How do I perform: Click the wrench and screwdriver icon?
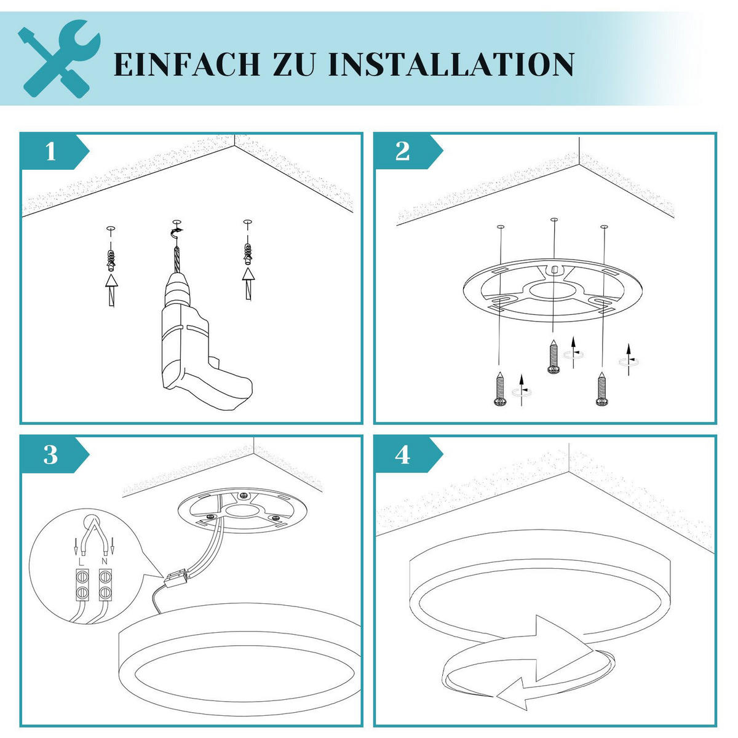tap(59, 59)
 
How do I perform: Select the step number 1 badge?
tap(51, 151)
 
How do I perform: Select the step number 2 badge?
tap(403, 151)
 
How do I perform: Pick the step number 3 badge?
tap(51, 455)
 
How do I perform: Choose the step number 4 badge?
tap(403, 455)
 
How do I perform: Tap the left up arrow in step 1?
tap(111, 289)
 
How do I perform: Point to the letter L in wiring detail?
tap(81, 561)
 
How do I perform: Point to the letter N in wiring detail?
tap(105, 561)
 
